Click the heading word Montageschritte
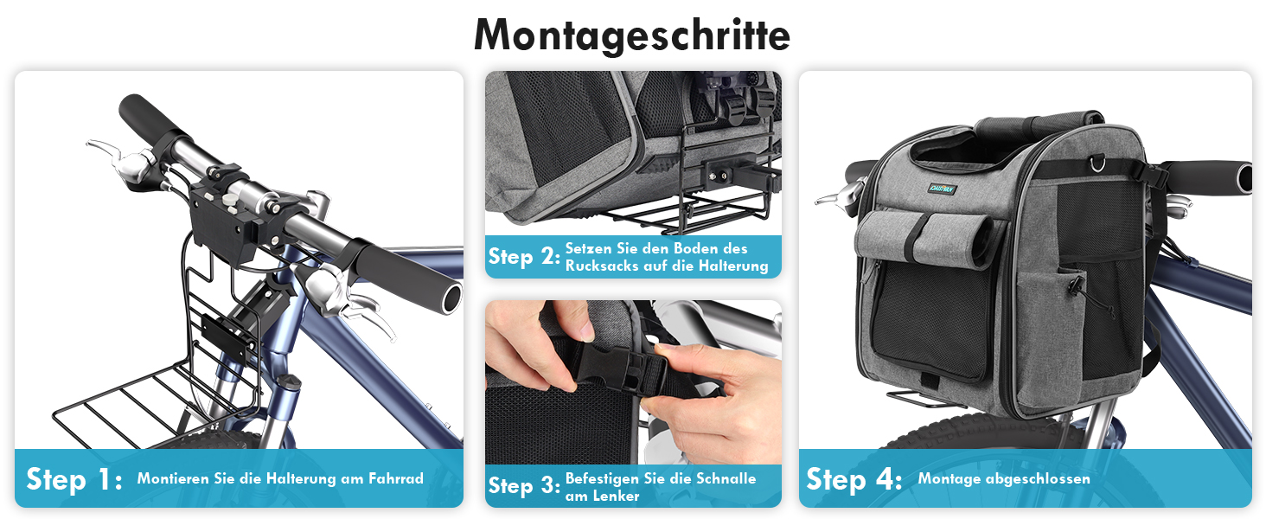pos(632,35)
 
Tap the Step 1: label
pos(74,479)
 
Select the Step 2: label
pos(524,257)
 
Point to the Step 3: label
pos(524,485)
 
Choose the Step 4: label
pos(854,479)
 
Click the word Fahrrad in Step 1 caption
pos(396,479)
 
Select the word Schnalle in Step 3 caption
pos(726,478)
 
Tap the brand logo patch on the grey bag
pos(942,189)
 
